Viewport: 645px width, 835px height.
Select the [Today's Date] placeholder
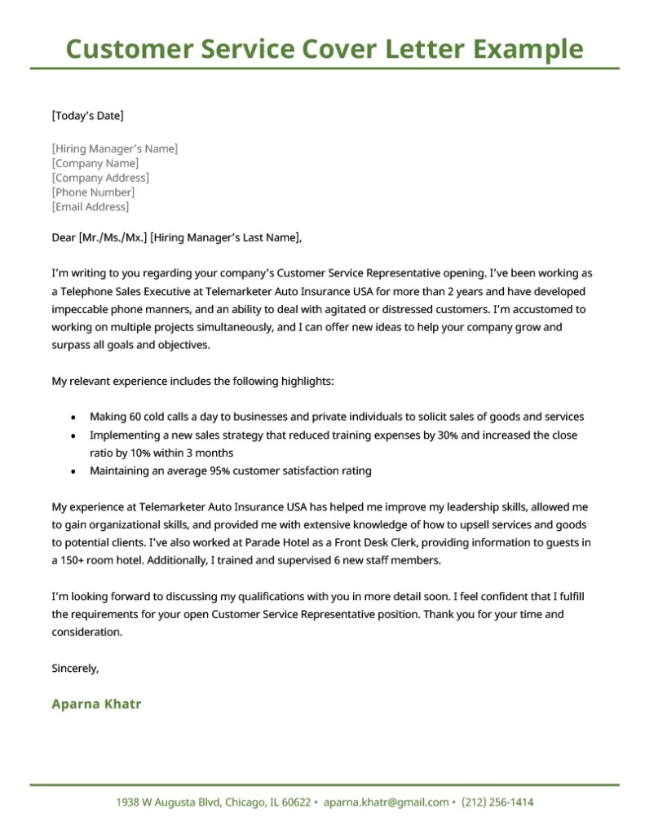(87, 116)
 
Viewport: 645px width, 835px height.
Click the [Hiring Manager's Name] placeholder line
(114, 148)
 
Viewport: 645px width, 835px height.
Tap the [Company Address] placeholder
(100, 178)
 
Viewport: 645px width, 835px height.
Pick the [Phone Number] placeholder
(93, 192)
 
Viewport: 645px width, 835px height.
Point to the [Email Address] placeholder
(91, 207)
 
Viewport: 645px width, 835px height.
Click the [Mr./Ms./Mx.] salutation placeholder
(113, 238)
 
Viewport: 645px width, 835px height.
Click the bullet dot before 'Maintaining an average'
(74, 471)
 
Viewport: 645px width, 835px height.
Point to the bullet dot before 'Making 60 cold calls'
(74, 417)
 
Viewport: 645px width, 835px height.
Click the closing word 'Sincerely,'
(75, 669)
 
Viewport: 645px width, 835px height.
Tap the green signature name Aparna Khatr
(96, 704)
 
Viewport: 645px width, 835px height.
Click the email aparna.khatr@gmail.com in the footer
(386, 802)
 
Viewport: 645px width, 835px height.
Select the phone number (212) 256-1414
(497, 802)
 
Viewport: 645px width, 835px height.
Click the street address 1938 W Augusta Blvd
(163, 802)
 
